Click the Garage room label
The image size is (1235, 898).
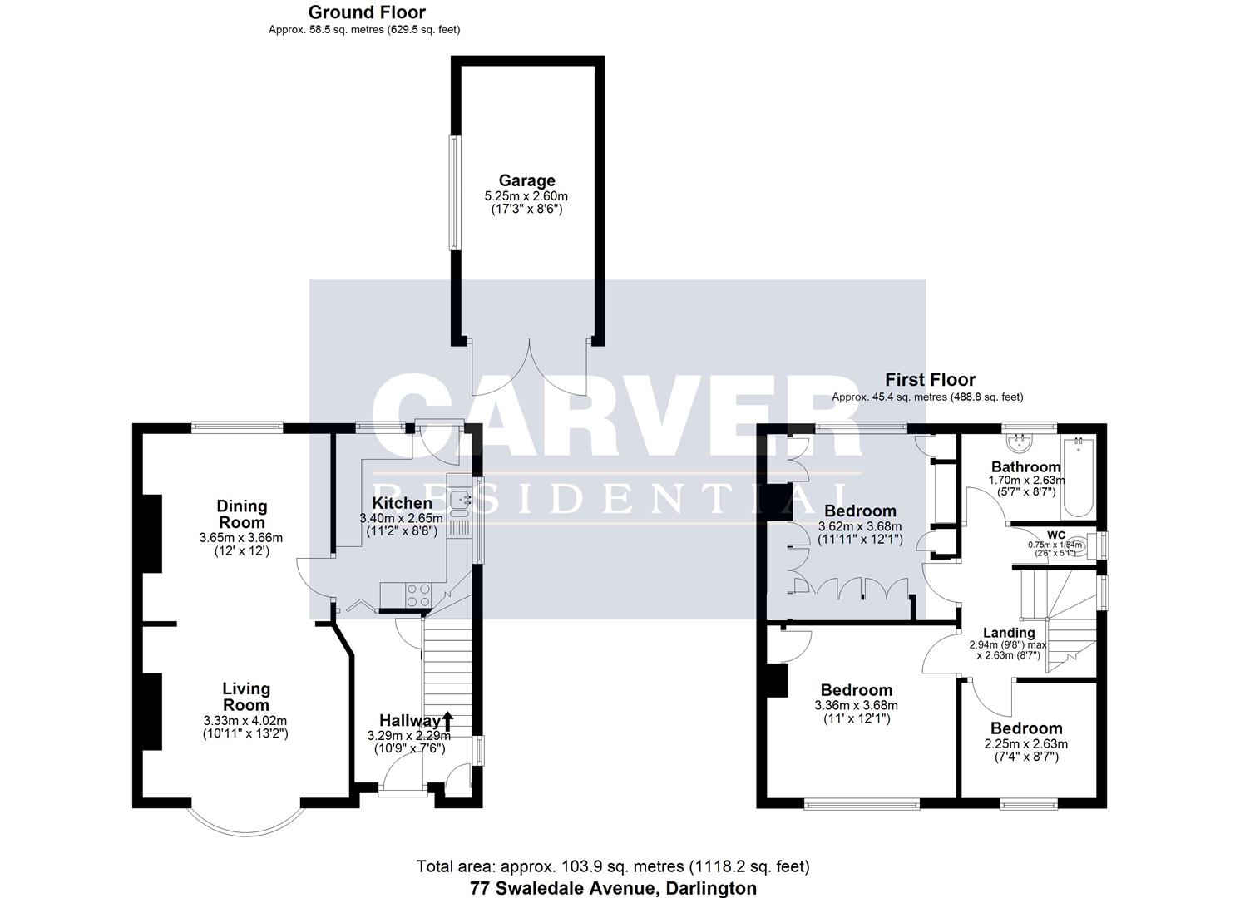(526, 180)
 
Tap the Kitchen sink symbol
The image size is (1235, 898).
(460, 500)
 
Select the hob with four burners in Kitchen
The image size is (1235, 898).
(417, 595)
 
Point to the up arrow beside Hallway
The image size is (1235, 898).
(448, 720)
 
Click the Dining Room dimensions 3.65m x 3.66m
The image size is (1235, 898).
(241, 537)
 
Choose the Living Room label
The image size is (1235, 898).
(246, 697)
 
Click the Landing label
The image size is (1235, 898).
(1008, 633)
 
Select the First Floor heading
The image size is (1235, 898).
(930, 380)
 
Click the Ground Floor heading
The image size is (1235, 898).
(367, 12)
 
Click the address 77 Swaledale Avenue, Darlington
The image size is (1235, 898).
(614, 888)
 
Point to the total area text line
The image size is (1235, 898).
(613, 867)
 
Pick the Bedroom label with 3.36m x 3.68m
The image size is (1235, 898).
(856, 690)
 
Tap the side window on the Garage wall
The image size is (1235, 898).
(454, 192)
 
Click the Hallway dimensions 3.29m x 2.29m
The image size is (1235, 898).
(408, 736)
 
